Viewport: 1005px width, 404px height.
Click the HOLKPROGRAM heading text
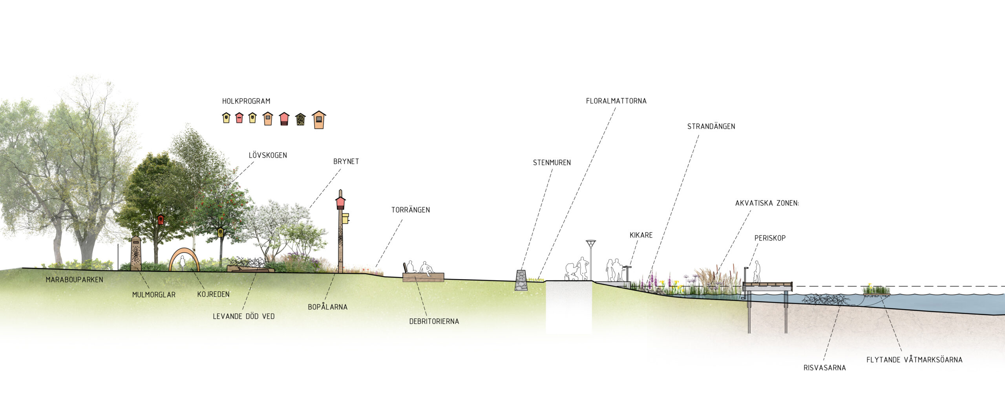pos(246,101)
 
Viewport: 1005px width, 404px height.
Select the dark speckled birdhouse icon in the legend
pos(300,119)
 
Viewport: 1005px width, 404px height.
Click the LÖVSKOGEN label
pos(268,155)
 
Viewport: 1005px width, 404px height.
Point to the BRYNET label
pos(346,162)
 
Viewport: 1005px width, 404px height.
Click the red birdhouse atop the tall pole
pos(340,203)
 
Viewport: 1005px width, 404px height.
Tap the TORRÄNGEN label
pos(410,210)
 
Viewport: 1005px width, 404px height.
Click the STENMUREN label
pos(552,163)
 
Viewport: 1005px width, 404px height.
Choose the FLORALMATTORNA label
pos(616,101)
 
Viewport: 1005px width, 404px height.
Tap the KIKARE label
pos(641,235)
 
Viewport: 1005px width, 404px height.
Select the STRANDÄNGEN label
pos(711,127)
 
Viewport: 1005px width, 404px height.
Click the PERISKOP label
pos(769,238)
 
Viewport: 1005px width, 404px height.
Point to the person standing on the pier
pos(756,272)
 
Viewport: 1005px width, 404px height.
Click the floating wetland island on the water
pos(876,291)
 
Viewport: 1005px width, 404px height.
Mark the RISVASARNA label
pos(824,368)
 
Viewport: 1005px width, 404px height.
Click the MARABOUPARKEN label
pos(74,280)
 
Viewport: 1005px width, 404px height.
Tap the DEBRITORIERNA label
pos(434,321)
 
